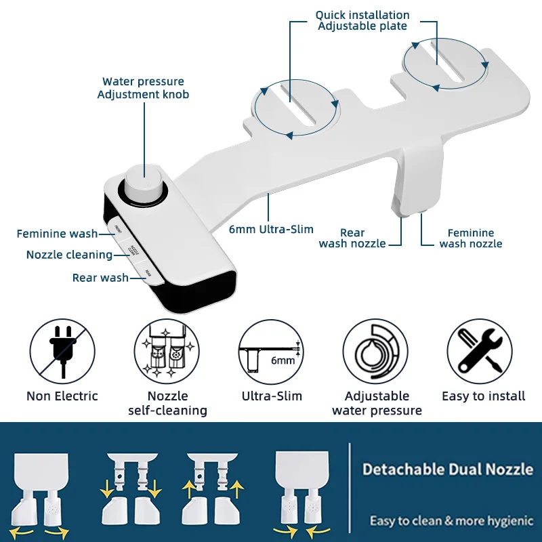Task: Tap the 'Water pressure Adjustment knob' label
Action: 143,88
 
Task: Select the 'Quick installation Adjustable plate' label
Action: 362,20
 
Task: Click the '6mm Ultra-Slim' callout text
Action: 271,229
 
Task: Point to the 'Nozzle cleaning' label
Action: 69,255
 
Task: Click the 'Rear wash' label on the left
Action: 100,278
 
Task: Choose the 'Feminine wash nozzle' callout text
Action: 471,238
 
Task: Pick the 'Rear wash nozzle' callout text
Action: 352,238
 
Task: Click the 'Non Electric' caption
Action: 62,396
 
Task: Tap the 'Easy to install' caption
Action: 483,396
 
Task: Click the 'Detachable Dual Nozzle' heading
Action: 447,469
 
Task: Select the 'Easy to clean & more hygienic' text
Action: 451,520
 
